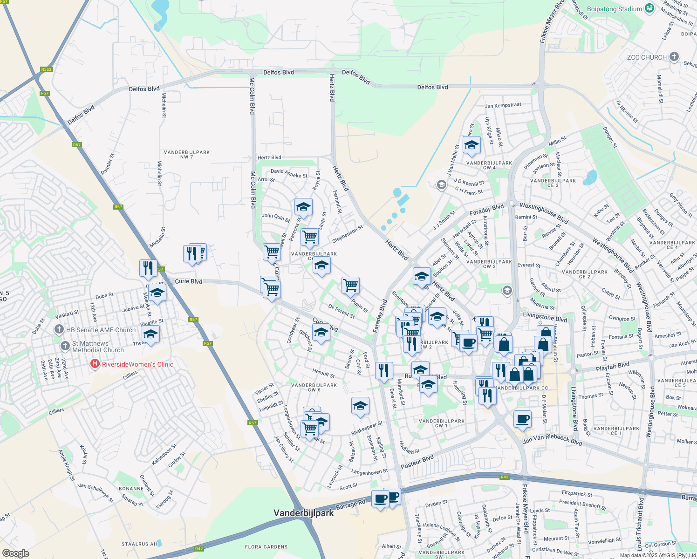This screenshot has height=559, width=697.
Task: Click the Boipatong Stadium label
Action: (x=614, y=9)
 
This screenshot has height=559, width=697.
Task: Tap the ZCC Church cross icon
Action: (x=674, y=57)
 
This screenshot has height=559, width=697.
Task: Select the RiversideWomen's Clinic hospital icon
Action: (x=95, y=364)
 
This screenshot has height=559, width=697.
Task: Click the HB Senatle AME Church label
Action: (x=101, y=330)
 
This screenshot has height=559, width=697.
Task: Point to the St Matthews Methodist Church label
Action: (x=98, y=347)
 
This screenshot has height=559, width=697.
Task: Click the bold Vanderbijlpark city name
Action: (x=303, y=513)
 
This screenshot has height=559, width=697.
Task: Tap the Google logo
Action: (x=15, y=553)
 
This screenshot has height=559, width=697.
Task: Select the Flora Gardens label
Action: (x=266, y=547)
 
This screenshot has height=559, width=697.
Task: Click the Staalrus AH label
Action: (x=139, y=544)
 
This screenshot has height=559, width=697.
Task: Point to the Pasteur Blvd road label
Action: (x=417, y=461)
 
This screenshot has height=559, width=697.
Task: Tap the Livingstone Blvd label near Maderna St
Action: (x=545, y=317)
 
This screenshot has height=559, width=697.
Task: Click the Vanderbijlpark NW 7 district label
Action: (x=187, y=155)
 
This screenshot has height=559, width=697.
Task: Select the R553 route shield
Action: (x=46, y=69)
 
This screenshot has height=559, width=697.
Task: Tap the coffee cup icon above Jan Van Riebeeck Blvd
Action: (x=522, y=418)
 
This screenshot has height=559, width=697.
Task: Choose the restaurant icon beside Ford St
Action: (x=383, y=370)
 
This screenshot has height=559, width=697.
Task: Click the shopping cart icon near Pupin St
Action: (x=350, y=285)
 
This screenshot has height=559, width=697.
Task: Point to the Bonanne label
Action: (x=131, y=489)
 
